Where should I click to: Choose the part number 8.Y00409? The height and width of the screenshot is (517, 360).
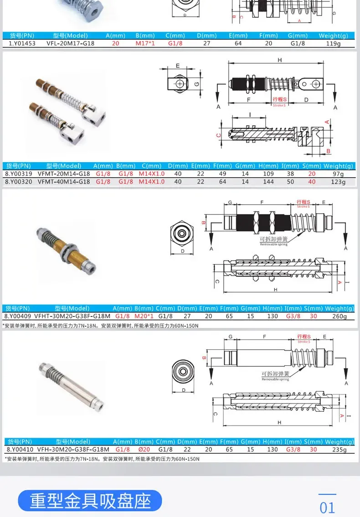[17, 316]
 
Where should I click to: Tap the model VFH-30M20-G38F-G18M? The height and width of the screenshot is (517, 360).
[73, 449]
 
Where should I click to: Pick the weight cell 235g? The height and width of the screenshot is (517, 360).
[339, 449]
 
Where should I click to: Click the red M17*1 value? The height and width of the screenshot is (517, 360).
[145, 44]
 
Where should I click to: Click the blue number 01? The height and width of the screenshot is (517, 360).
[327, 507]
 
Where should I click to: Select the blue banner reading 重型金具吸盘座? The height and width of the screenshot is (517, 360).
[90, 501]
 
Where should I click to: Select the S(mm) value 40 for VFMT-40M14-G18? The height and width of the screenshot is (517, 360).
[312, 181]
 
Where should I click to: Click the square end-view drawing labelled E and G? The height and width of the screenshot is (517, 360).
[181, 85]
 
